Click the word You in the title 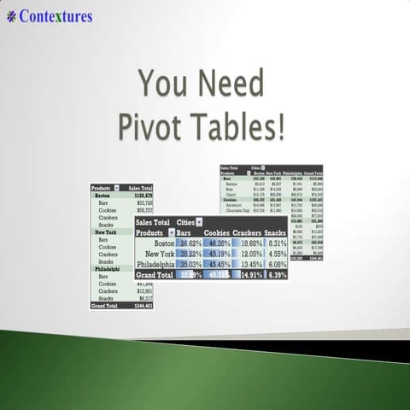pyautogui.click(x=164, y=85)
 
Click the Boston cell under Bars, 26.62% pyautogui.click(x=189, y=243)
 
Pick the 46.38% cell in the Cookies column pyautogui.click(x=218, y=243)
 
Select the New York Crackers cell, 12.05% pyautogui.click(x=248, y=254)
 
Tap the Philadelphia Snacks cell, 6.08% pyautogui.click(x=275, y=264)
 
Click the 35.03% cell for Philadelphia pyautogui.click(x=189, y=264)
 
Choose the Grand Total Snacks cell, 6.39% pyautogui.click(x=275, y=275)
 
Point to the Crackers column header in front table pyautogui.click(x=247, y=232)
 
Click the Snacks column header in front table pyautogui.click(x=275, y=232)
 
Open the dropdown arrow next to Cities pyautogui.click(x=200, y=222)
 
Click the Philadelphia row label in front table pyautogui.click(x=155, y=264)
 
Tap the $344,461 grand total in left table pyautogui.click(x=140, y=305)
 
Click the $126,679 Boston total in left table pyautogui.click(x=140, y=195)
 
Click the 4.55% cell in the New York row pyautogui.click(x=275, y=254)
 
